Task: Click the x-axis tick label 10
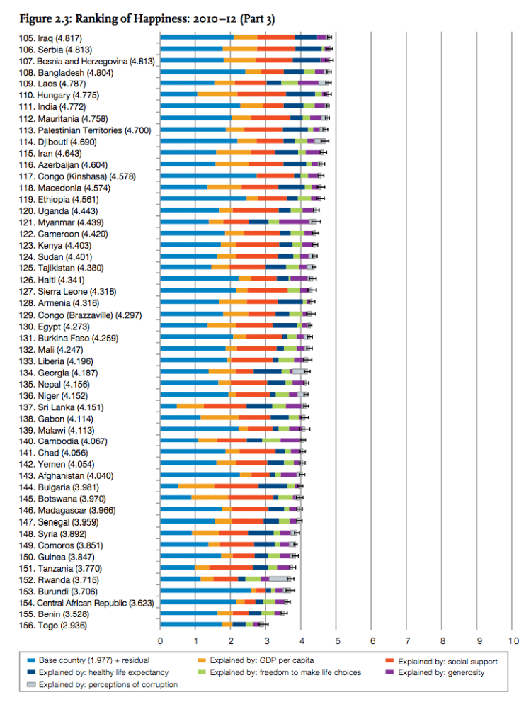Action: coord(513,640)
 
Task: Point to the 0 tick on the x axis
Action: coord(161,640)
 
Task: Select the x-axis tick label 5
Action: coord(337,640)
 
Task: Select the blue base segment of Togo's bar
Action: coord(191,624)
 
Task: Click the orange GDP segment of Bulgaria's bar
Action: coord(196,486)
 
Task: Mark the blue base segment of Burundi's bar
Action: coord(205,589)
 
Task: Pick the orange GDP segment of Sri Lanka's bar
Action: coord(190,406)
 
